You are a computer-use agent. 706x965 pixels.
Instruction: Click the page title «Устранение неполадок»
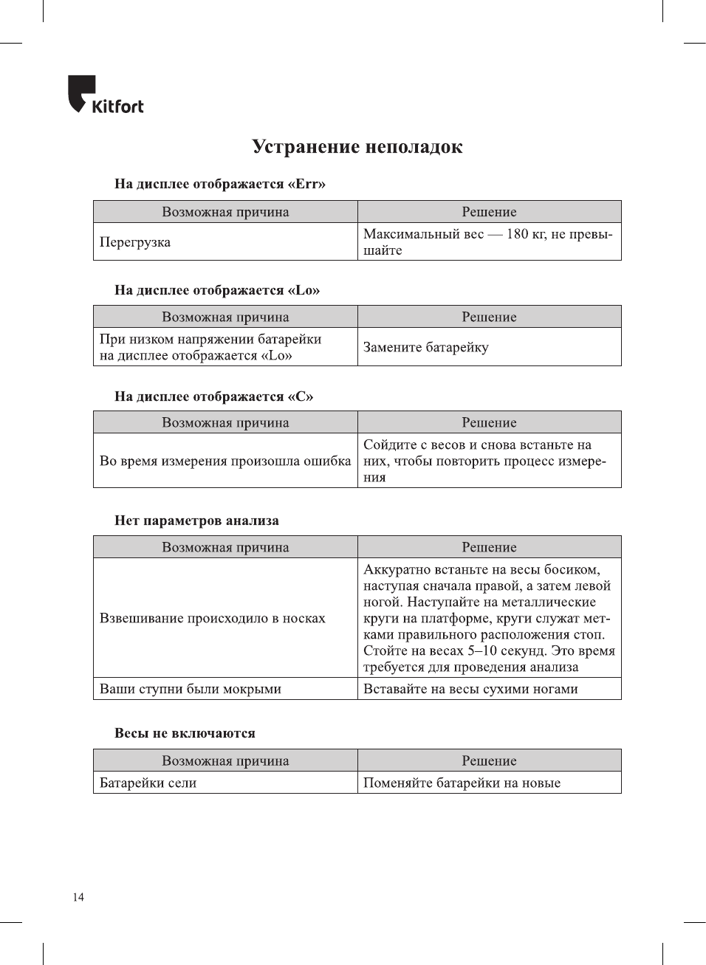pos(357,147)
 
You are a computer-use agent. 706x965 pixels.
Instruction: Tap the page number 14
pos(78,897)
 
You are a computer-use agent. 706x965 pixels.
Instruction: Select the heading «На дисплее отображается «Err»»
pos(219,184)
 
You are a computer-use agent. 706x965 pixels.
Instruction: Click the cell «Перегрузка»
pos(135,242)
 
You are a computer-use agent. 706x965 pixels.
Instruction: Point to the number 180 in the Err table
pos(517,234)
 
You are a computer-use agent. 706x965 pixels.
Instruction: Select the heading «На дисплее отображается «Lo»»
pos(216,290)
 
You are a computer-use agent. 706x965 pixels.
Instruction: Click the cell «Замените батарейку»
pos(426,347)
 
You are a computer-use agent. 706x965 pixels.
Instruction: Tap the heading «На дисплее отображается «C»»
pos(213,396)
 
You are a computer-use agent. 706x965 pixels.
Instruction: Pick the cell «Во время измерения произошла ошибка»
pos(225,461)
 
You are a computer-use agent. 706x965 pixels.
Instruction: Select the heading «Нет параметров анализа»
pos(196,521)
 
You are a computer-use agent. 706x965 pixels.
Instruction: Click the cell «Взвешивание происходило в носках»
pos(213,618)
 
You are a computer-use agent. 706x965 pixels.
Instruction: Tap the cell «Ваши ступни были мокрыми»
pos(191,689)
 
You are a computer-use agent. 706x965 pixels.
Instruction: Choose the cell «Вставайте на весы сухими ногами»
pos(470,689)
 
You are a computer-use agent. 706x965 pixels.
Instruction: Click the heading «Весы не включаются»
pos(185,733)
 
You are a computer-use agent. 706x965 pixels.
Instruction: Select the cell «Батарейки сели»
pos(148,783)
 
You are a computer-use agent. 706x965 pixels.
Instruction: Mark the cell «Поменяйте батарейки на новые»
pos(462,783)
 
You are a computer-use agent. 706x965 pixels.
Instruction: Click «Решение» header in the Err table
pos(489,212)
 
